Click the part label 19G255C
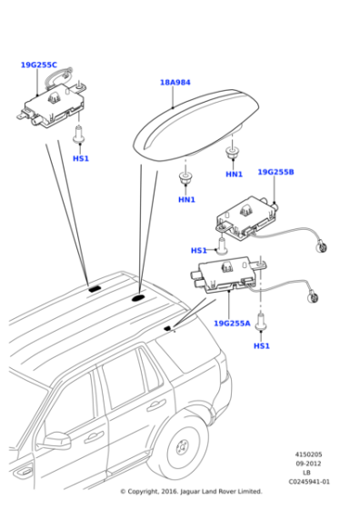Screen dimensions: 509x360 point(38,65)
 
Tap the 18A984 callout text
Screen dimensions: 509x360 point(175,83)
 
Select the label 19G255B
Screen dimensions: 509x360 point(275,172)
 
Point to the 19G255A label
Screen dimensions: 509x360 point(232,323)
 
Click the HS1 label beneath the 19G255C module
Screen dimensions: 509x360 point(81,159)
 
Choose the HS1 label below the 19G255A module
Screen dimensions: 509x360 point(262,346)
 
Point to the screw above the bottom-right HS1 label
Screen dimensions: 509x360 point(262,321)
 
